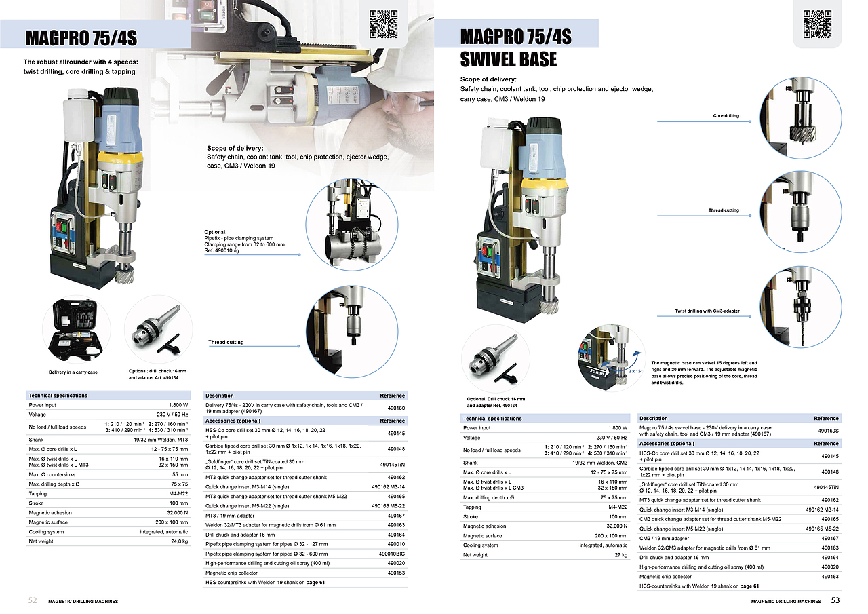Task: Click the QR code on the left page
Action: [383, 24]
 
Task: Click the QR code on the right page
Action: [817, 24]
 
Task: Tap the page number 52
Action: [33, 600]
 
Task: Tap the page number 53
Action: [835, 600]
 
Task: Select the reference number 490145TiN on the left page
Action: [392, 465]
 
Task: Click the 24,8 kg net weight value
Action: [180, 541]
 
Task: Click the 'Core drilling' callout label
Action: [726, 116]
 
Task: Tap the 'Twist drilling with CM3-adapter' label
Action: [707, 311]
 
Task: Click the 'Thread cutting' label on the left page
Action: [226, 342]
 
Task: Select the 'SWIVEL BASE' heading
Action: [509, 59]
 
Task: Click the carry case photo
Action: [77, 330]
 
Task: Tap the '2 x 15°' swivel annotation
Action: [635, 371]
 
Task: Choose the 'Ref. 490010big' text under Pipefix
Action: [222, 251]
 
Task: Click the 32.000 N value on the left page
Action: [178, 513]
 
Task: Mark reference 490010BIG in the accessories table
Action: [392, 554]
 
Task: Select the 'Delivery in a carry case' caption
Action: [73, 372]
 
